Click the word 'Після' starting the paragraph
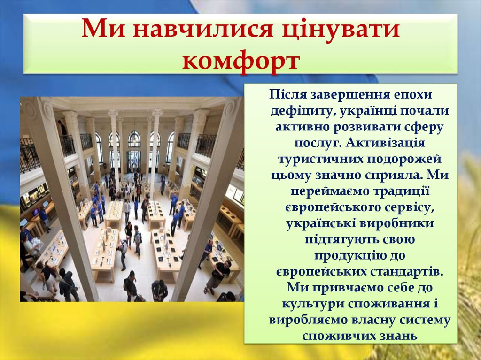click(287, 94)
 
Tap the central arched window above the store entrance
click(134, 139)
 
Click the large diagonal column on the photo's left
click(61, 197)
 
